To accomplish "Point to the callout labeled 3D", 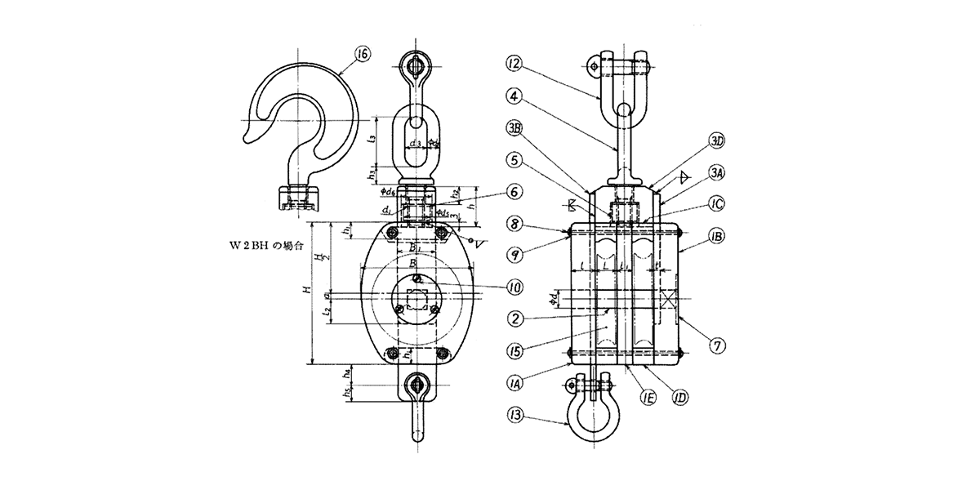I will click(x=717, y=140).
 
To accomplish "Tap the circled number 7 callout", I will click(x=718, y=345).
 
